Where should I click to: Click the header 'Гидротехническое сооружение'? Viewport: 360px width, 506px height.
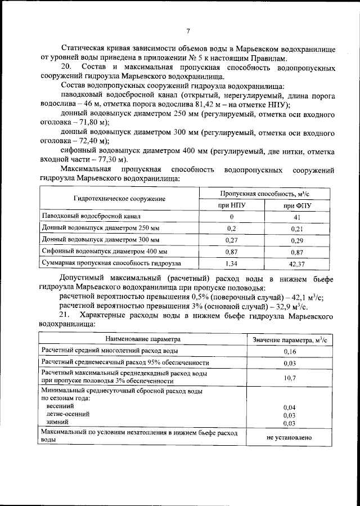(119, 199)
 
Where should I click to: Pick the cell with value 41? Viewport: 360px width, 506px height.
(298, 217)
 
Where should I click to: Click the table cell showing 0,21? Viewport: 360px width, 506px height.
(298, 229)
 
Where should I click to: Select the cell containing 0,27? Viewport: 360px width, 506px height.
(231, 240)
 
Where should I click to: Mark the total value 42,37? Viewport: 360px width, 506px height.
(298, 263)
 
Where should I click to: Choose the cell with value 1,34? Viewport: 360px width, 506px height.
(231, 263)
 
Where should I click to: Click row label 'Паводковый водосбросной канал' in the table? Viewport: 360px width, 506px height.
(90, 217)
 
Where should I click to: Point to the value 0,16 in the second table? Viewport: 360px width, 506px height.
(290, 352)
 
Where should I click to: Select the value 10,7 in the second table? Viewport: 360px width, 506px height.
(290, 378)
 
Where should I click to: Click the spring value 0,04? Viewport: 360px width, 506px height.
(290, 406)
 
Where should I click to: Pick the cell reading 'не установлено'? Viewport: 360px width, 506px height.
(290, 437)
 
